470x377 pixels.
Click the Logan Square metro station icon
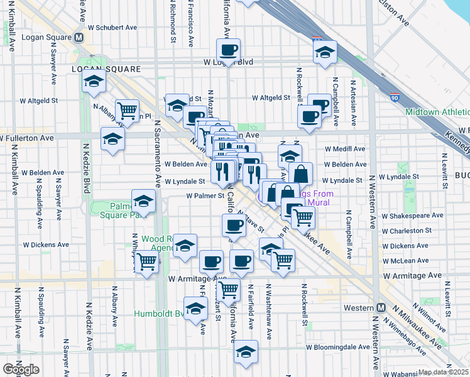(x=80, y=37)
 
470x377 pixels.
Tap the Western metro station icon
(x=381, y=308)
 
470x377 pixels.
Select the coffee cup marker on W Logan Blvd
(x=228, y=50)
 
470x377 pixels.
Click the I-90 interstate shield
(x=395, y=98)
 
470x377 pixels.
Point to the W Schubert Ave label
(x=112, y=28)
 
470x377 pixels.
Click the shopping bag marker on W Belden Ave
(x=302, y=174)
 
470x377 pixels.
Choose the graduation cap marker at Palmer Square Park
(x=144, y=202)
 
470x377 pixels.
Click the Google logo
(x=21, y=369)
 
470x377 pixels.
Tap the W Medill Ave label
(x=345, y=149)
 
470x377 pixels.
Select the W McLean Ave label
(x=406, y=261)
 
